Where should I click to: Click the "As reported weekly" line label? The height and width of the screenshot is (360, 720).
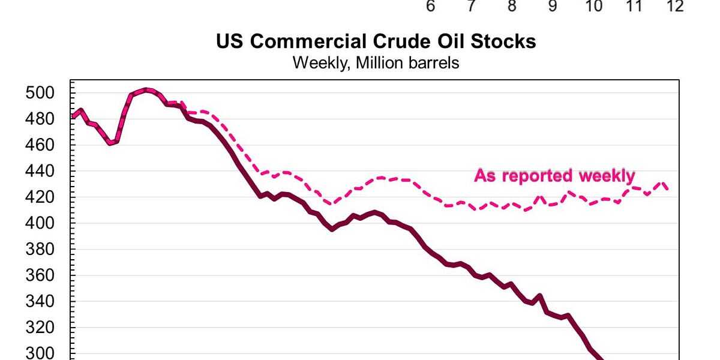tap(554, 176)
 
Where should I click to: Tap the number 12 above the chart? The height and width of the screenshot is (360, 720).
tap(676, 7)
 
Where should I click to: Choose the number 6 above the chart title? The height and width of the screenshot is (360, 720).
tap(430, 7)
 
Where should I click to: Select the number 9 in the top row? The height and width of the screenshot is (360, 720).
tap(553, 7)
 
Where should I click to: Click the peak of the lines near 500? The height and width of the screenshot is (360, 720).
tap(146, 90)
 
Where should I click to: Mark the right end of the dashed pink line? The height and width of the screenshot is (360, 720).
tap(668, 188)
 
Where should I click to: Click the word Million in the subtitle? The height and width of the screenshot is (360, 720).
tap(377, 62)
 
